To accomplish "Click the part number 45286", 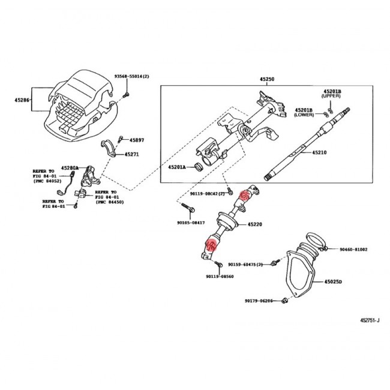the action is [22, 100].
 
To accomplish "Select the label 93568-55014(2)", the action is [131, 76].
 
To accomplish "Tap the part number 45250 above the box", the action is [267, 79].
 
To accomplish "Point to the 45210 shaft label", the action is [319, 152].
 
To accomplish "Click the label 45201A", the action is [177, 167].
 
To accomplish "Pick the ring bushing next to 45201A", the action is [199, 167].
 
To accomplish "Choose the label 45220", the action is [254, 224].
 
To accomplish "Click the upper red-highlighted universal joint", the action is [244, 195].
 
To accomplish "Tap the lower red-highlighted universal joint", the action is [211, 245].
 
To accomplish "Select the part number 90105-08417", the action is [191, 223].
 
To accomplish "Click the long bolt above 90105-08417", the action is [188, 208].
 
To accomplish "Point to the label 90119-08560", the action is [220, 277].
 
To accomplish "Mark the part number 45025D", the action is [333, 281].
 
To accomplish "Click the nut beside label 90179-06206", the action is [284, 301].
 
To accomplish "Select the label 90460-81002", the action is [353, 249].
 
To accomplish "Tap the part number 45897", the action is [137, 140].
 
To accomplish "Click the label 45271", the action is [131, 154].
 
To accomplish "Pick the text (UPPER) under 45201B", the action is [331, 96].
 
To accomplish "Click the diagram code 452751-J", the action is [370, 320].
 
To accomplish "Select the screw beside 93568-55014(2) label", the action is [127, 94].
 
